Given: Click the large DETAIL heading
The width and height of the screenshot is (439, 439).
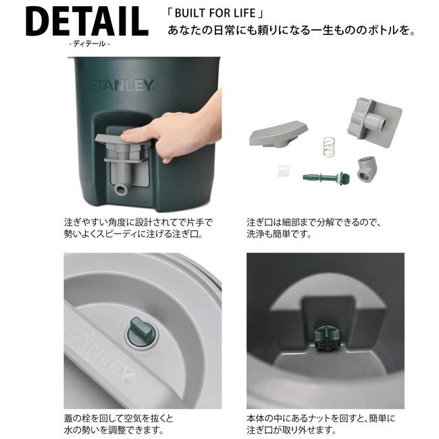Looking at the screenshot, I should click(86, 22).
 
